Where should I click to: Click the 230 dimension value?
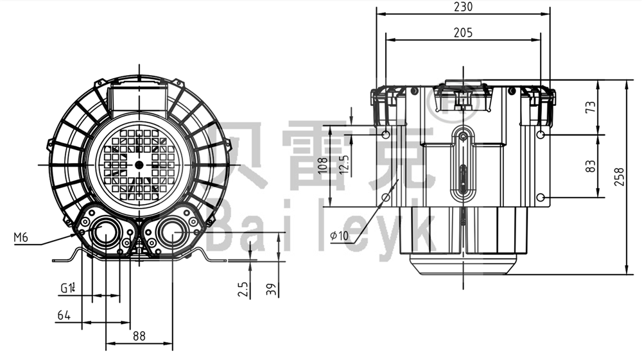pyautogui.click(x=462, y=7)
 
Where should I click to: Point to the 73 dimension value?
pyautogui.click(x=591, y=107)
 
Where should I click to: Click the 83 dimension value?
pyautogui.click(x=591, y=165)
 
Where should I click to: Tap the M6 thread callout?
pyautogui.click(x=21, y=238)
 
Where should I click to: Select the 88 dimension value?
pyautogui.click(x=139, y=334)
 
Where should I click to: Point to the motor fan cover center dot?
pyautogui.click(x=139, y=164)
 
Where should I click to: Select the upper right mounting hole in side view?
pyautogui.click(x=541, y=135)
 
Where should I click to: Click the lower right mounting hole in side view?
pyautogui.click(x=541, y=196)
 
